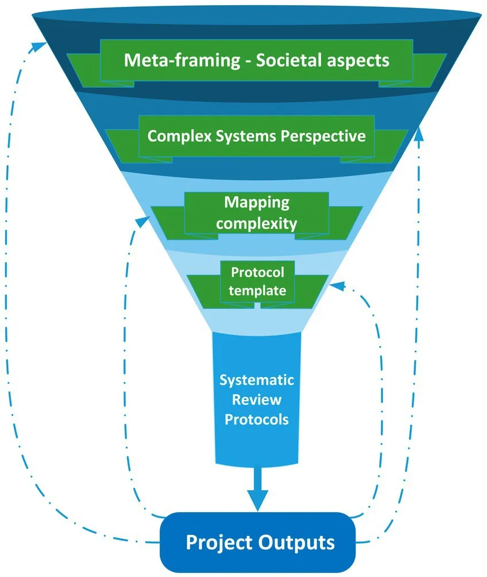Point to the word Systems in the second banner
tap(247, 136)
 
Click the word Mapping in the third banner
tap(257, 202)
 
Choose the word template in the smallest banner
tap(257, 290)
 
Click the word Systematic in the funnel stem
tap(257, 380)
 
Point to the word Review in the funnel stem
tap(257, 399)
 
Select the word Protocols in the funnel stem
tap(257, 420)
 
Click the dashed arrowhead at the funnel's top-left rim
tap(41, 43)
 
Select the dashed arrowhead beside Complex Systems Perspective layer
tap(419, 131)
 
